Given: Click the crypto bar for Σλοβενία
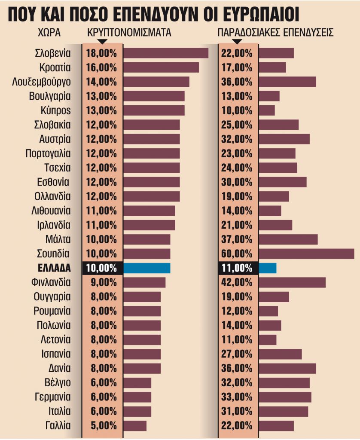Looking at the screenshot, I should [x=165, y=53].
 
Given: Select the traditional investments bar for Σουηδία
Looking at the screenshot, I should [x=306, y=254].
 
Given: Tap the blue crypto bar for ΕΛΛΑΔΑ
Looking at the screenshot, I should [x=146, y=268].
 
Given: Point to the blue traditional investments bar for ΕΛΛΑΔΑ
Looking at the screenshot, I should [x=267, y=268].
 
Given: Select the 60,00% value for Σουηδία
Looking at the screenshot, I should [x=237, y=254].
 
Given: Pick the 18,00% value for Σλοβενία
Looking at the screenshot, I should [x=101, y=53].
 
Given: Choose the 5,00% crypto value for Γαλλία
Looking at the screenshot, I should [x=101, y=425].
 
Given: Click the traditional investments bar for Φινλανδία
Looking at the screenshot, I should [x=292, y=282].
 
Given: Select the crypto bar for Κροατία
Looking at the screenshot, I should [x=161, y=67].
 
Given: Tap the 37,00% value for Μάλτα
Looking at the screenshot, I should [x=237, y=239].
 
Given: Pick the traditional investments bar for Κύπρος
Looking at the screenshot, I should [x=266, y=110].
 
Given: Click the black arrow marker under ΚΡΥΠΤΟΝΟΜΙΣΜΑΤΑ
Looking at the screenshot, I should [x=102, y=42].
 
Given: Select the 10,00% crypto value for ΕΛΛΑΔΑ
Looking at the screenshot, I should [x=101, y=268].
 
